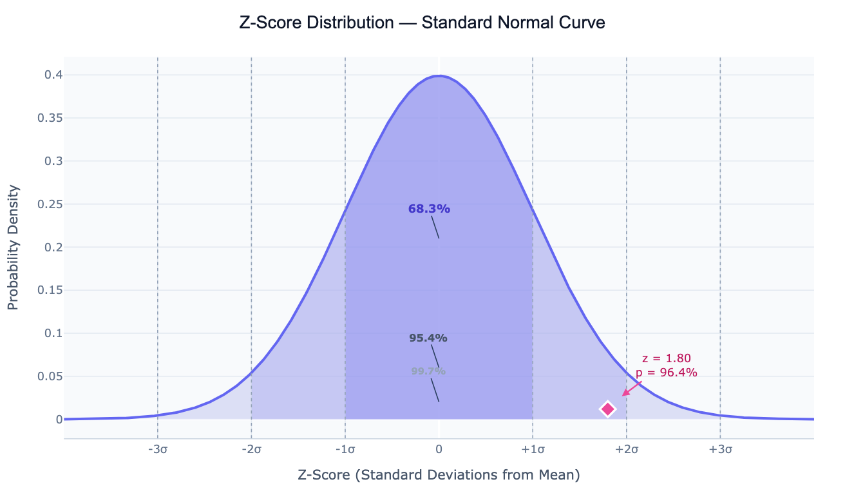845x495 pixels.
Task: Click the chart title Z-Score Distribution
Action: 422,23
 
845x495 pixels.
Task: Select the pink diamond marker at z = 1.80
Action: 608,409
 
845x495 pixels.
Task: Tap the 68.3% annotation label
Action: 429,209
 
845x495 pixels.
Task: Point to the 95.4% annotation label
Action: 428,338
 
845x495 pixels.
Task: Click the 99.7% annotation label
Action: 428,371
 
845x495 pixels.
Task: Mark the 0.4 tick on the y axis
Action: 53,75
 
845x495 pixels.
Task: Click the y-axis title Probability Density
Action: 14,247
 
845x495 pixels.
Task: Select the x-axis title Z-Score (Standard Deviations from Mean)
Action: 439,476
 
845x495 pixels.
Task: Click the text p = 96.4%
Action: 667,373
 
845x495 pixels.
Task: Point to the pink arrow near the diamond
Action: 631,388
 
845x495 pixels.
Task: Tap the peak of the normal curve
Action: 439,76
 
